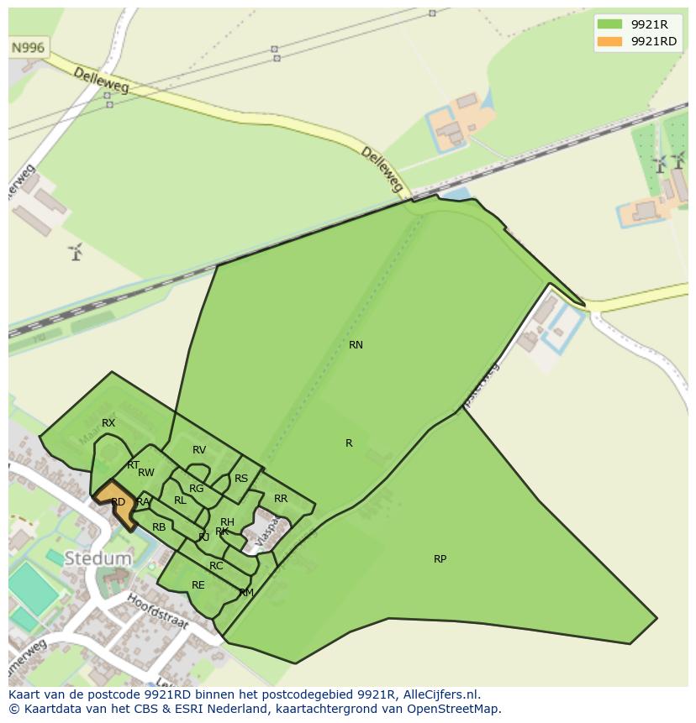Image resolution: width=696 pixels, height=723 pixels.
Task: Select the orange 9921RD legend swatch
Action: coord(609,41)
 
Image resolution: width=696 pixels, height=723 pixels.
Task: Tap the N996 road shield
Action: coord(29,48)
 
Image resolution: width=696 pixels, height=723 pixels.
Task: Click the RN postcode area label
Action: coord(356,345)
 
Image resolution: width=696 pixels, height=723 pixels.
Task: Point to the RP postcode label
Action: coord(440,559)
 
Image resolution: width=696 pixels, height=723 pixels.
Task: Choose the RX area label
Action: coord(108,423)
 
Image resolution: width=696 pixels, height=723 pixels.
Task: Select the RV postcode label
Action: coord(199,451)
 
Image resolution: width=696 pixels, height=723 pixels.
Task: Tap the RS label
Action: coord(241,479)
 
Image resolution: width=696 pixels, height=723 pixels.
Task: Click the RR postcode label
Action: coord(281,499)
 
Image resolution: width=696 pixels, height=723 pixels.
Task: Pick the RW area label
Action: coord(146,473)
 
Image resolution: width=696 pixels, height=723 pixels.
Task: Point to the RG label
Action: coord(196,489)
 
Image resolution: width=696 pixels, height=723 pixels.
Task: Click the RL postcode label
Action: coord(180,500)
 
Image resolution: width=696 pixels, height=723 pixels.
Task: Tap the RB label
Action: coord(159,527)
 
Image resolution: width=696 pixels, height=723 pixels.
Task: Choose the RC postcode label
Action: coord(216,566)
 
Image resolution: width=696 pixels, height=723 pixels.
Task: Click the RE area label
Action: coord(198,585)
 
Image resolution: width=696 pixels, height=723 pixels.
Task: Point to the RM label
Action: coord(246,593)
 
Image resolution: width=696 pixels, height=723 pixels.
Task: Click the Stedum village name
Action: coord(99,558)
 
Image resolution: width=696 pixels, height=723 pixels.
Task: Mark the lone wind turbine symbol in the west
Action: coord(76,251)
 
